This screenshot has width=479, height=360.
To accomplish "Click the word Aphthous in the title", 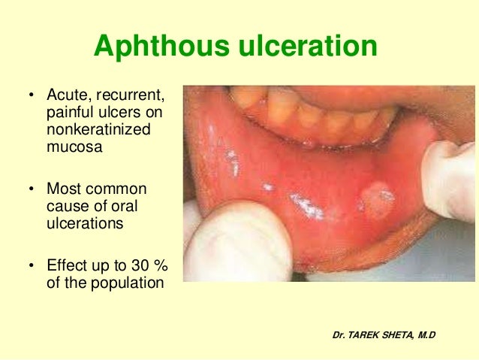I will coord(152,48).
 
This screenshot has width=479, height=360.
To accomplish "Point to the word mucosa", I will coord(74,147).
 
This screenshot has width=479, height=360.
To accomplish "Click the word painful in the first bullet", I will coord(69,113).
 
